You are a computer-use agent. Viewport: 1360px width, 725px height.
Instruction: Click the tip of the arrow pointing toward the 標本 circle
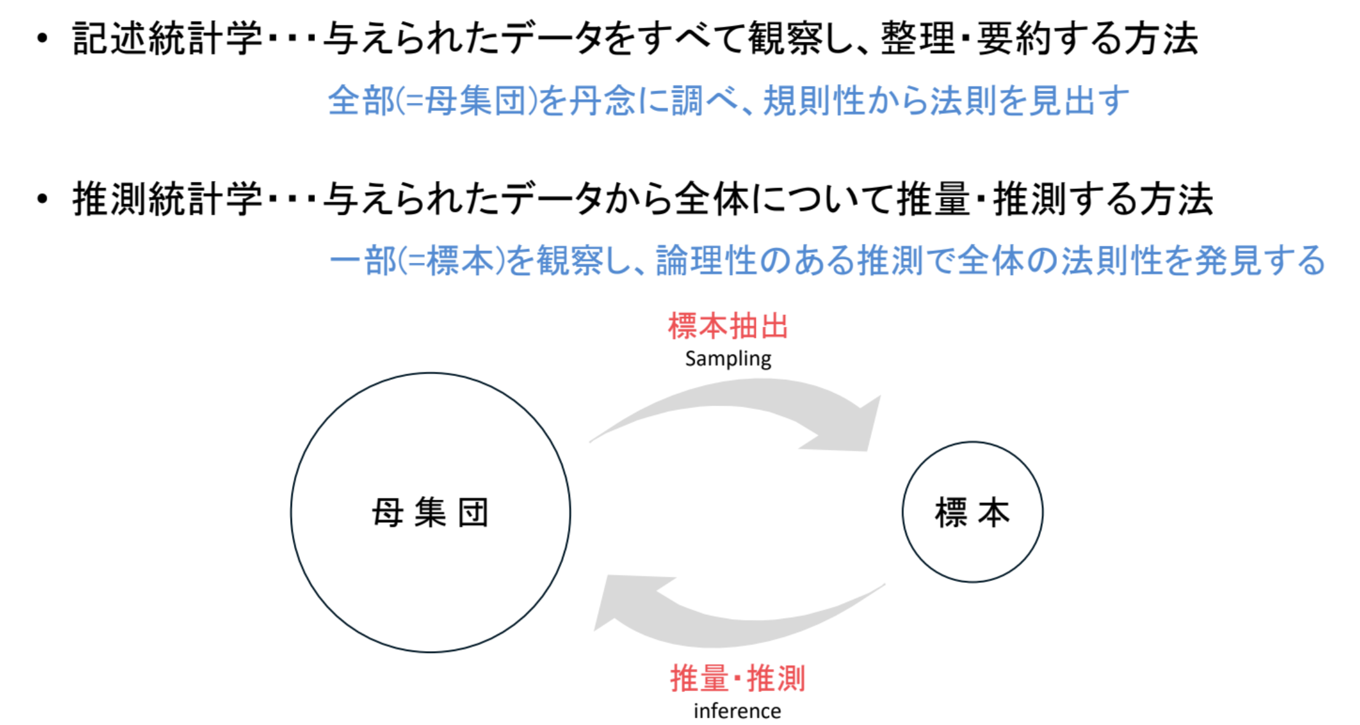pos(867,451)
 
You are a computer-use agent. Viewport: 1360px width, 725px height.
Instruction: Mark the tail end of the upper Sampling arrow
pos(590,442)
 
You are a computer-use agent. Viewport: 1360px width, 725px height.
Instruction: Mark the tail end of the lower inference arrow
pos(885,584)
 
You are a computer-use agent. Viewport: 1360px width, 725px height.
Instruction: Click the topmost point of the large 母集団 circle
pos(430,373)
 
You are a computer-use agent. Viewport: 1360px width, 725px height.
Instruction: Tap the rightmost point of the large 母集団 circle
pos(571,513)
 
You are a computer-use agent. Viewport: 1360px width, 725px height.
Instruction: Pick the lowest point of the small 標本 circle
pos(973,582)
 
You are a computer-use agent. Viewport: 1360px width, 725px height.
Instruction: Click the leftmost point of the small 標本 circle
pos(903,512)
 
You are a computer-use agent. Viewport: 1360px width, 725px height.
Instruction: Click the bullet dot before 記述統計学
pos(42,39)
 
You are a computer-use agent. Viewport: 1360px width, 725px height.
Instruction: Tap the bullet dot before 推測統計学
pos(42,199)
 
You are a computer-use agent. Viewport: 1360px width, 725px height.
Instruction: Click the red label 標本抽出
pos(728,326)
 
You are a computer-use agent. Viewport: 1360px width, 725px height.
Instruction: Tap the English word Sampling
pos(728,359)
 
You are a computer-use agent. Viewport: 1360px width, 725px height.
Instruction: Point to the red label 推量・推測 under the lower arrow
pos(737,678)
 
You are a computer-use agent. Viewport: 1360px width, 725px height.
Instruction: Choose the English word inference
pos(737,711)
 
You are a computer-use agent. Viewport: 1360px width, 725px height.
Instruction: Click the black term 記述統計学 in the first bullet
pos(167,38)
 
